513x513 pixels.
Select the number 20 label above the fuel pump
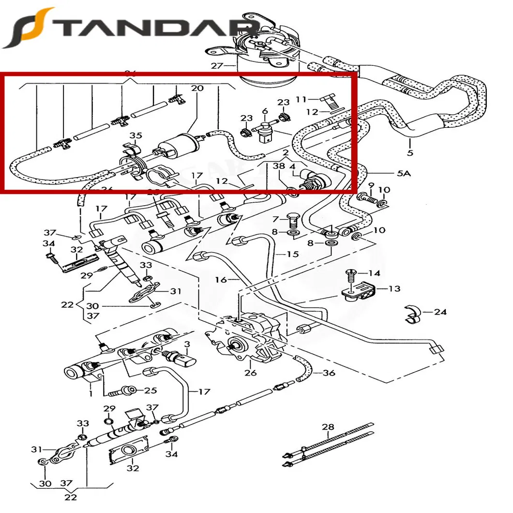point(197,89)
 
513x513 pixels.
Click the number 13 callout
point(394,289)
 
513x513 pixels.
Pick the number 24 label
point(440,312)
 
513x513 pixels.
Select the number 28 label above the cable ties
point(328,427)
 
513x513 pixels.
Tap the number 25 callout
point(151,390)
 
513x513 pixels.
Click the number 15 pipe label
point(293,254)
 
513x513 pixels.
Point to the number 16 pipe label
point(221,280)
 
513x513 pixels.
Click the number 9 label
point(371,185)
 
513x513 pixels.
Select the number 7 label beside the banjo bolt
point(275,219)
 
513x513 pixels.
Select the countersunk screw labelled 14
point(351,276)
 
